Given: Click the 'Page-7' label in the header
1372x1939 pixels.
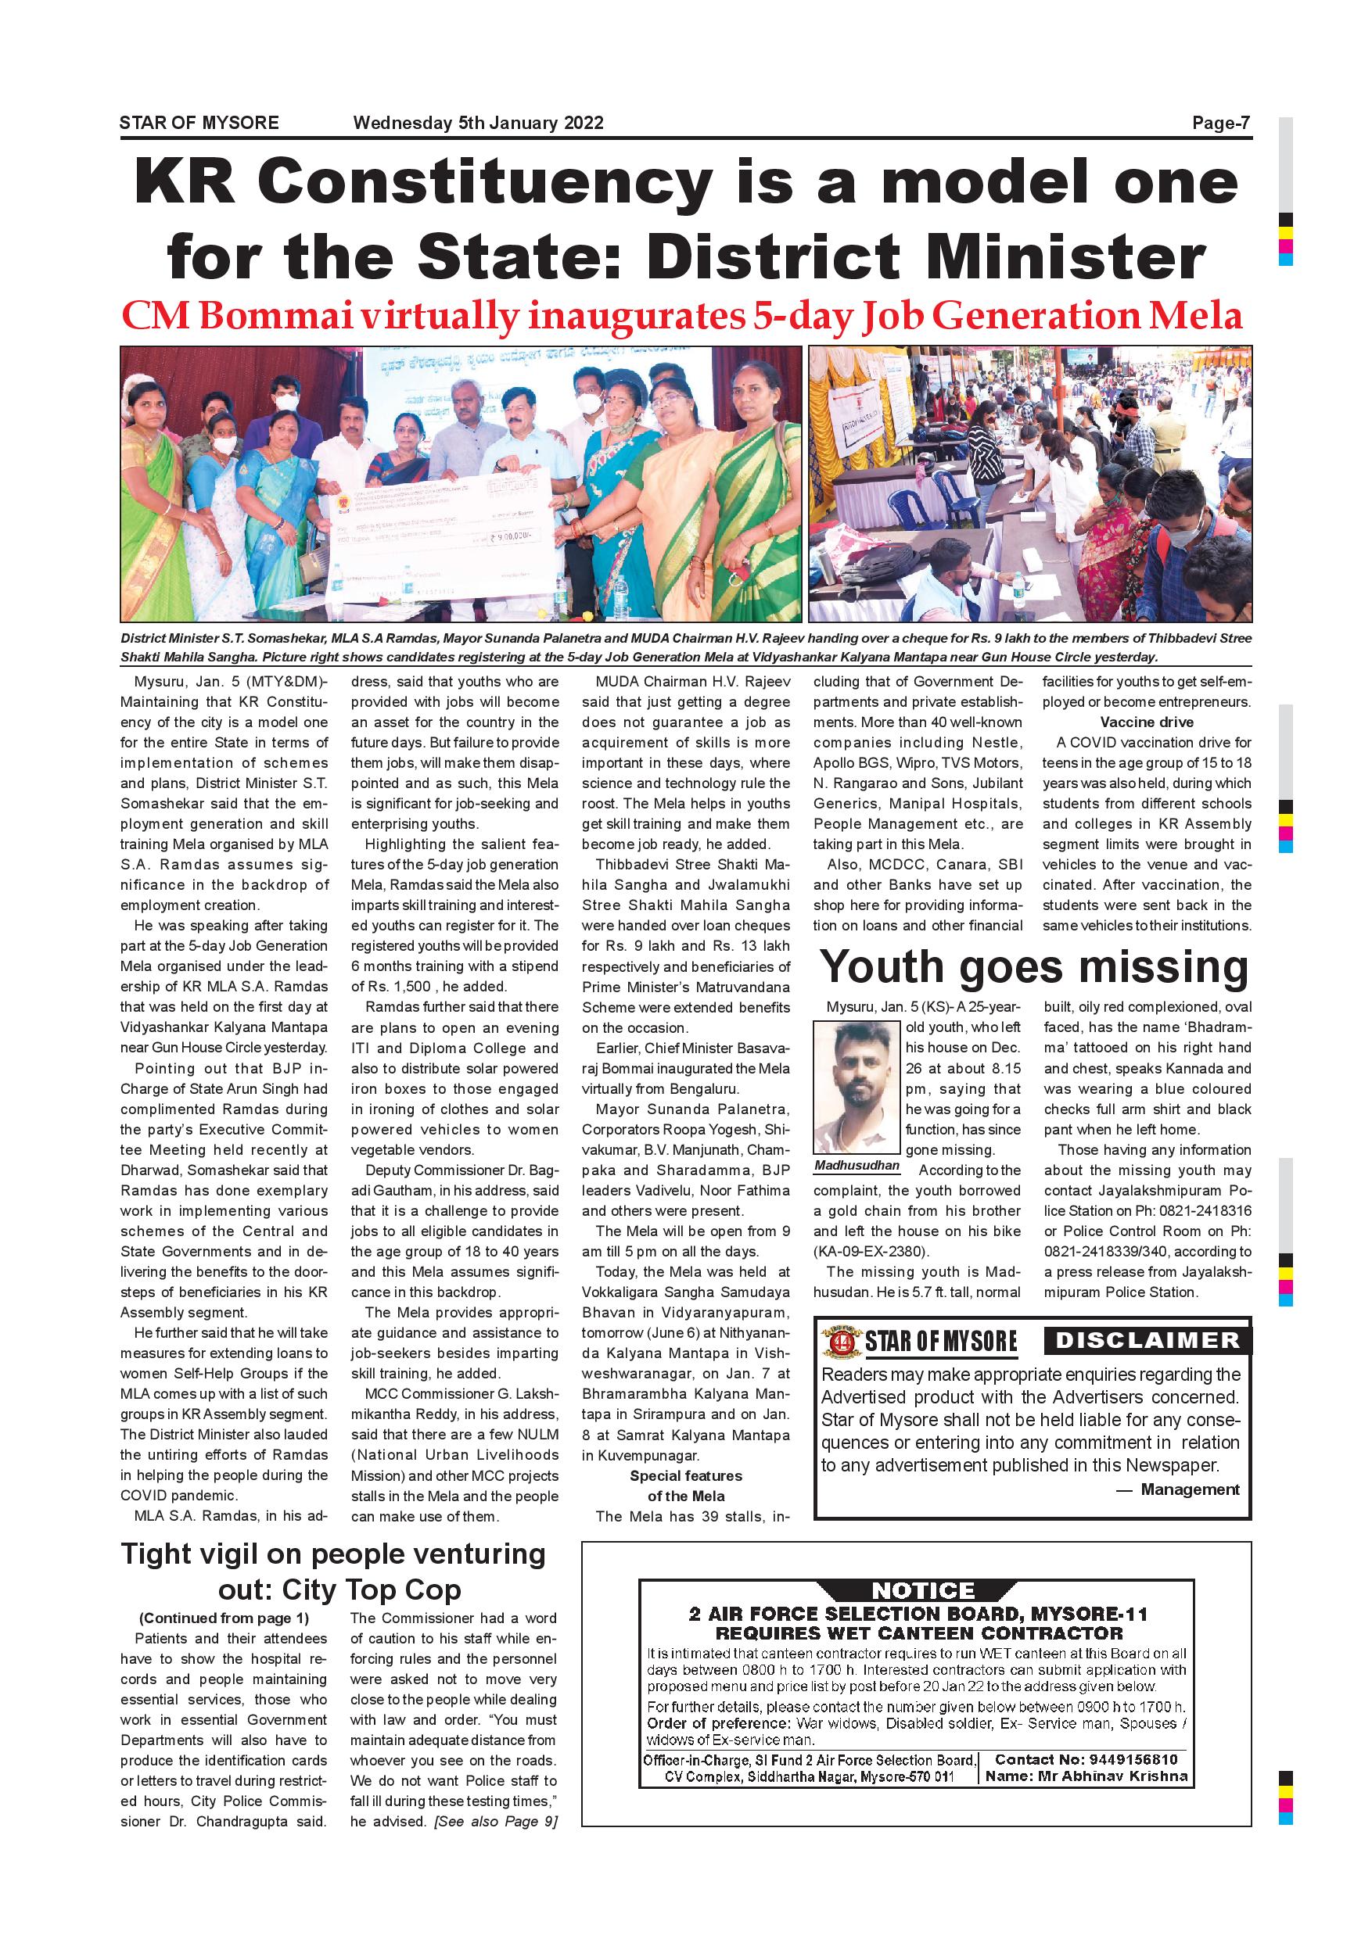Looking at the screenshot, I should click(x=1220, y=124).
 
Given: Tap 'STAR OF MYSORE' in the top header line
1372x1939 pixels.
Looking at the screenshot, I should click(x=199, y=124).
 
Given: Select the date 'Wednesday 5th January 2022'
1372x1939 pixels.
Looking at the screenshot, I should click(x=478, y=124).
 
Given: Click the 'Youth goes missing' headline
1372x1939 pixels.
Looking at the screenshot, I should click(x=1034, y=967).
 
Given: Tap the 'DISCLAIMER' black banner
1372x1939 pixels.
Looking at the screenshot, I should click(x=1148, y=1340).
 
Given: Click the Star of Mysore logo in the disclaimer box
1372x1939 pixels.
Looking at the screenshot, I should click(x=920, y=1341).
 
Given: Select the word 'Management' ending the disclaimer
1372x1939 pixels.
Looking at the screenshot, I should click(x=1190, y=1489).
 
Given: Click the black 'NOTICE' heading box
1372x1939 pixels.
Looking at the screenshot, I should click(x=922, y=1591).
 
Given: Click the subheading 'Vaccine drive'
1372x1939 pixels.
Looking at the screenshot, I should click(x=1147, y=722).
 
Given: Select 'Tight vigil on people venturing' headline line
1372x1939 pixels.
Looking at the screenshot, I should click(x=334, y=1554).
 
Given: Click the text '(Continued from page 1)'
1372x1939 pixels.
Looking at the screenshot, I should click(x=224, y=1618).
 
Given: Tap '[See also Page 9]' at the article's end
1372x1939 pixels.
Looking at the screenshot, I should click(x=495, y=1822).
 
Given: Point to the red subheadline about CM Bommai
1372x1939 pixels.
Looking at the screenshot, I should click(x=682, y=316).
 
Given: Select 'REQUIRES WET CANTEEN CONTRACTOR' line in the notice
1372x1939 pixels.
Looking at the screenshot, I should click(x=918, y=1633).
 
